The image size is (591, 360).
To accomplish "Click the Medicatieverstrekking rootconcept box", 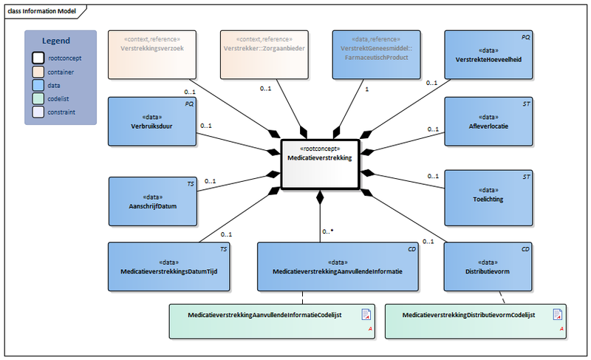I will pos(319,163).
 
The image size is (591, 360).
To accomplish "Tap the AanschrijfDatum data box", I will pos(153,201).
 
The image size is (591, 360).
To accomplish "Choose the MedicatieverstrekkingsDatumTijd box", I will pos(169,266).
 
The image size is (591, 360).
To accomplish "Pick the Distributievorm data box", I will pos(487,266).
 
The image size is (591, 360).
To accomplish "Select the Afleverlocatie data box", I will pos(487,121).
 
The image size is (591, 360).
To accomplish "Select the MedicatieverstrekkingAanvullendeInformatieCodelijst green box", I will pos(271,319).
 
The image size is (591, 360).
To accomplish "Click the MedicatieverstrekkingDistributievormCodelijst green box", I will pos(476,319).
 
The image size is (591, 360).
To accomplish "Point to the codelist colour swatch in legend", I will pos(37,99).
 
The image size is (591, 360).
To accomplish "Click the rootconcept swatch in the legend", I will pos(37,58).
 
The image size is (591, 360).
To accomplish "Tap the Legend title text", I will pos(56,41).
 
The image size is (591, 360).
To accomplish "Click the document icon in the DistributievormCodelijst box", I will pos(558,315).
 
